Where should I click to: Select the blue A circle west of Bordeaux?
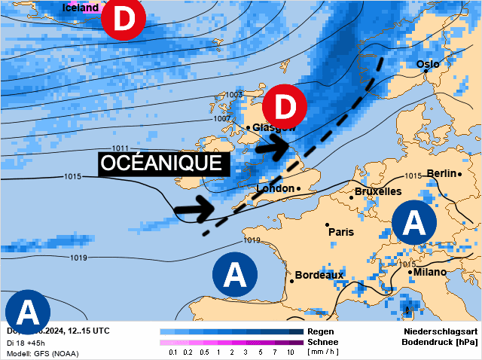(235, 273)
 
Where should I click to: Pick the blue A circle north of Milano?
(414, 222)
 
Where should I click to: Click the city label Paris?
(341, 232)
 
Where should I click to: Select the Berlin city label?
(441, 174)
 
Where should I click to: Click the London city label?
(275, 188)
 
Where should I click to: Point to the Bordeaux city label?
(319, 275)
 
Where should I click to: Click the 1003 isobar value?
(234, 95)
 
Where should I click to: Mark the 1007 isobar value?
(221, 118)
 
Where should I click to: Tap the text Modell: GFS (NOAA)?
(42, 353)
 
